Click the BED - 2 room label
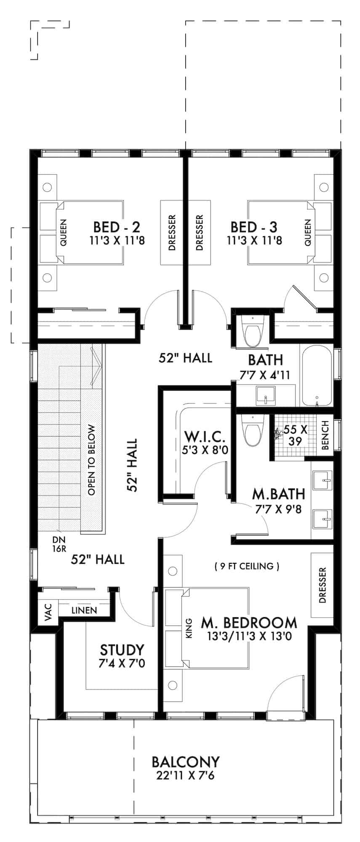click(117, 227)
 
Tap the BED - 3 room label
click(254, 227)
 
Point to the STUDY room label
click(122, 650)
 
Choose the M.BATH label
click(278, 493)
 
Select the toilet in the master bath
click(252, 431)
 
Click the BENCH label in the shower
click(325, 435)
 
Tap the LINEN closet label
click(84, 610)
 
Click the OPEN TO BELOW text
click(92, 460)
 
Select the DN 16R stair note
click(59, 544)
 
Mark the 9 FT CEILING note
click(247, 566)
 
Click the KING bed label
click(189, 628)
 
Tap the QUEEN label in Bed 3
click(308, 233)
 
